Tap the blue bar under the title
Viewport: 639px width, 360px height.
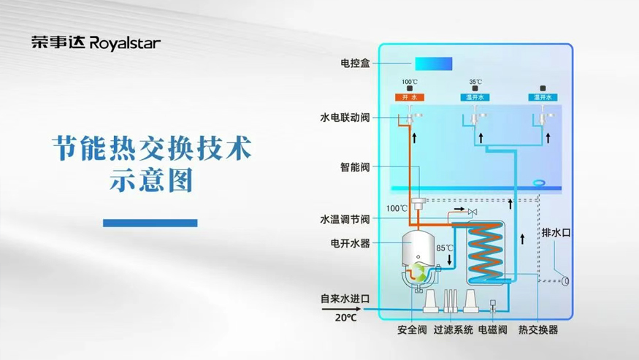click(150, 223)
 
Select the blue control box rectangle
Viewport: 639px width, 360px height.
click(434, 64)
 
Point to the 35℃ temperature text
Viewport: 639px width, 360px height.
click(476, 82)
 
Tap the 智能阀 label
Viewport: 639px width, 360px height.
click(354, 166)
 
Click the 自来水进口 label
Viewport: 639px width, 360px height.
click(345, 299)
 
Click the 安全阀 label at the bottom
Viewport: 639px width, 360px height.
click(413, 330)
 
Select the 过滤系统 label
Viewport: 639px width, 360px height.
click(453, 330)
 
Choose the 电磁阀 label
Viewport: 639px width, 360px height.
click(493, 330)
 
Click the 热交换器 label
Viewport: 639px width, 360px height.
click(538, 330)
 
